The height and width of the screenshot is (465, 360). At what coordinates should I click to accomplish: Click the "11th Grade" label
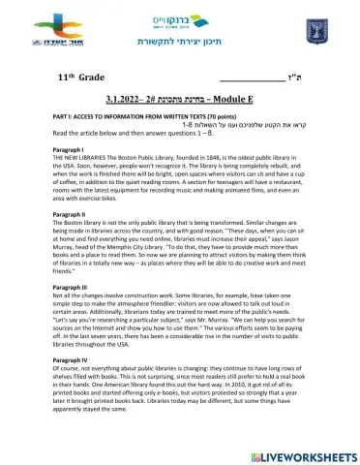pos(82,75)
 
